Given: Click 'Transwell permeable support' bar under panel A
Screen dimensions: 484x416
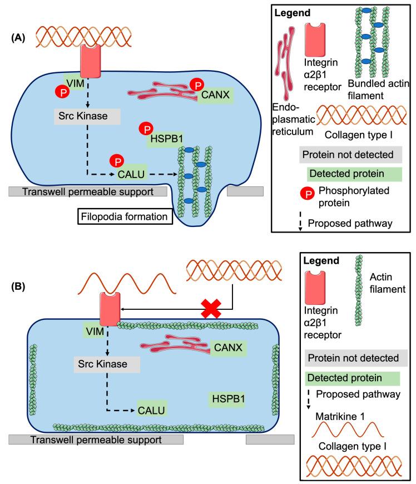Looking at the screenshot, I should tap(88, 191).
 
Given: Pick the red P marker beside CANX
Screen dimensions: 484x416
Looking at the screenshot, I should tap(196, 84).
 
